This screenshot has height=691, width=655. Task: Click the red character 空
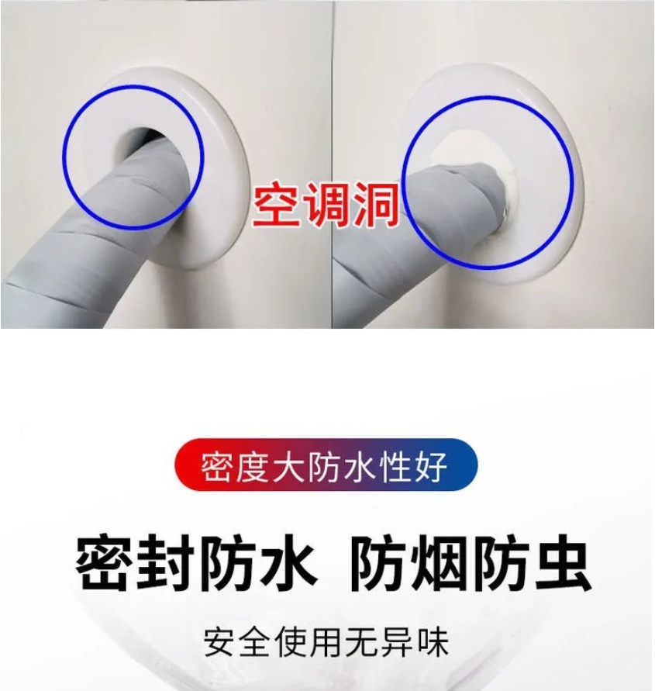tap(277, 204)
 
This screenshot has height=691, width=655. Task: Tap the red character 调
tap(327, 204)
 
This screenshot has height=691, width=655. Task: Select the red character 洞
tap(377, 204)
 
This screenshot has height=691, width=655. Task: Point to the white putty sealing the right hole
tap(502, 185)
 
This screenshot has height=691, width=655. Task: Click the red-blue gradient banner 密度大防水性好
tap(326, 464)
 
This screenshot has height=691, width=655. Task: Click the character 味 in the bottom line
tap(433, 641)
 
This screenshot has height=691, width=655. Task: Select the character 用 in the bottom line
tap(326, 641)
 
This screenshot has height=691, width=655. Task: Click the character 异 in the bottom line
tap(398, 641)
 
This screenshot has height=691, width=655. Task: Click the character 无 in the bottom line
tap(362, 641)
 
